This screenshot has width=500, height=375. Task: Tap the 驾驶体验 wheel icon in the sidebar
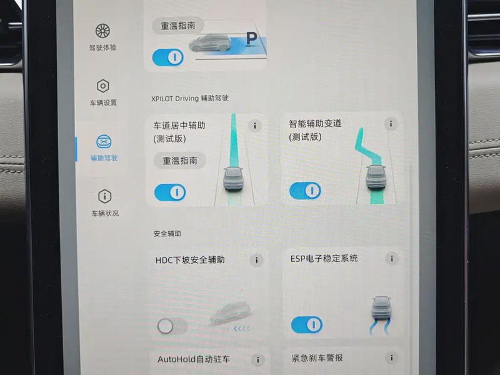102,31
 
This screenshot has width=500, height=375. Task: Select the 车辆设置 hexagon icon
103,86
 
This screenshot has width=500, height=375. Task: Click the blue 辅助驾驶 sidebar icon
104,142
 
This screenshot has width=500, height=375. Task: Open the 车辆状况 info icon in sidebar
104,196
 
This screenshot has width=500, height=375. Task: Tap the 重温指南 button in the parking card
178,26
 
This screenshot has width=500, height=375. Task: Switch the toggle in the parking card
168,57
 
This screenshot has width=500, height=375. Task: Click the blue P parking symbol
252,39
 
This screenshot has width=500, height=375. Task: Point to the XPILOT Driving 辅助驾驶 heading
190,98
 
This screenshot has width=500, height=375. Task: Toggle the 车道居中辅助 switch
170,192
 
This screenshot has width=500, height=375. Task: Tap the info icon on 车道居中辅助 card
255,126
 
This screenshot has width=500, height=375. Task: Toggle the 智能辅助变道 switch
305,191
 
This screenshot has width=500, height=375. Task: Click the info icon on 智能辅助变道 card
391,124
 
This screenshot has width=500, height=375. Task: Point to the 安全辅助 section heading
167,234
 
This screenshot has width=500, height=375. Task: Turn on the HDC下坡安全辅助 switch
172,326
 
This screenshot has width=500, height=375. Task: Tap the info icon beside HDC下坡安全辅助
256,260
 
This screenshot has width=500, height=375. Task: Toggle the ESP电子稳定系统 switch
307,324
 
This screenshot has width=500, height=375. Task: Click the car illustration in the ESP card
381,307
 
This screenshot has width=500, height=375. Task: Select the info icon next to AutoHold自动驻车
257,360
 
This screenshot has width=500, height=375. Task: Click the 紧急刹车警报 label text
317,357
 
